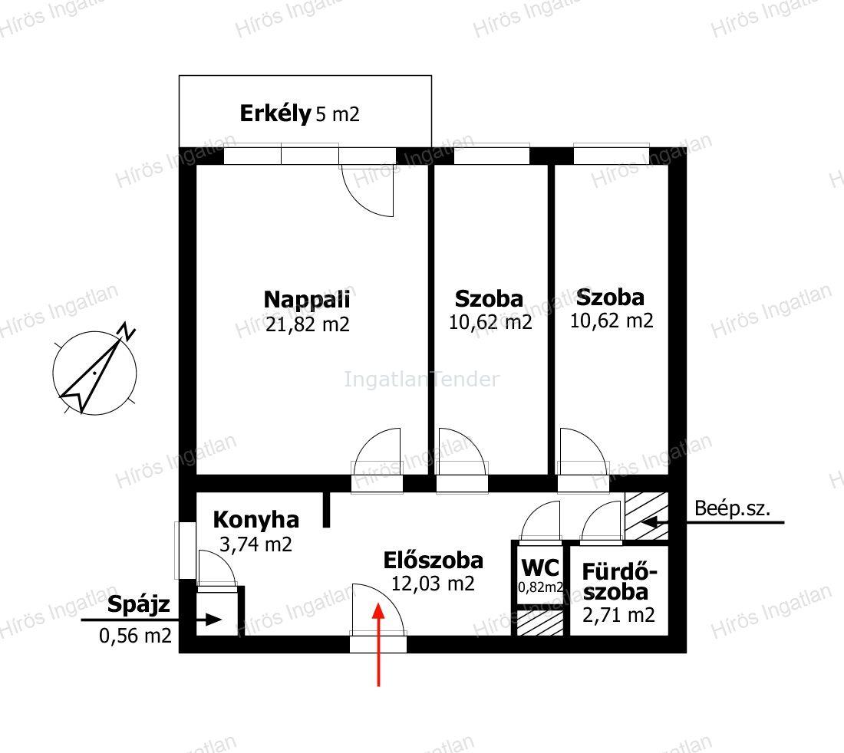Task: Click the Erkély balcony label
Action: [275, 113]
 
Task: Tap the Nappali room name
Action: [307, 300]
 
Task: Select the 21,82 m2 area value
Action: [308, 324]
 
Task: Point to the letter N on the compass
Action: [127, 331]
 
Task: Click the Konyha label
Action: [256, 520]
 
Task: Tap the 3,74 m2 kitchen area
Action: [256, 544]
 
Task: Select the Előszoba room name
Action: [434, 561]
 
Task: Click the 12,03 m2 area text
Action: [433, 584]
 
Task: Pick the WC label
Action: [540, 567]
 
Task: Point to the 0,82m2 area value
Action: [540, 587]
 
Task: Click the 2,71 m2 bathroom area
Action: [618, 615]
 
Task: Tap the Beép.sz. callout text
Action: [732, 508]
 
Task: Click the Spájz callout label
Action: [138, 605]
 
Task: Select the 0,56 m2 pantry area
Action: [135, 636]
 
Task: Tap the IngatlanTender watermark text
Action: [422, 380]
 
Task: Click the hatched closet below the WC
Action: [540, 623]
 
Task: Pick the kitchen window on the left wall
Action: [185, 551]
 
